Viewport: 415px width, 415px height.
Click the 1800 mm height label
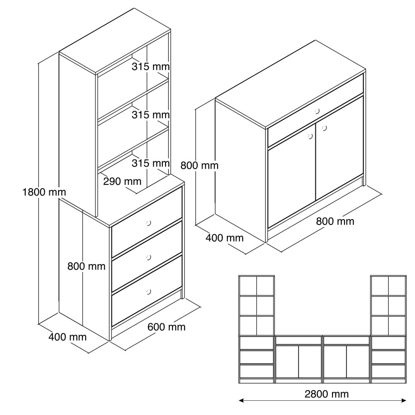pyautogui.click(x=44, y=192)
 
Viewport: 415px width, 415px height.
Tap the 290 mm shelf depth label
pyautogui.click(x=122, y=181)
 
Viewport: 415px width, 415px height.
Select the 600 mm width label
pyautogui.click(x=166, y=327)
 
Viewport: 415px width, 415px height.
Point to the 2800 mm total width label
pyautogui.click(x=326, y=394)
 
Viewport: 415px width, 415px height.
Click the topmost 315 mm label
pyautogui.click(x=151, y=66)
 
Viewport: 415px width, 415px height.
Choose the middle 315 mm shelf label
pyautogui.click(x=151, y=115)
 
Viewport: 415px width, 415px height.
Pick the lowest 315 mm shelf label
pyautogui.click(x=151, y=163)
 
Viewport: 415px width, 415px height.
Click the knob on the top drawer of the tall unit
pyautogui.click(x=148, y=223)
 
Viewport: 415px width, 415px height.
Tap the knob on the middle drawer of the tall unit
pyautogui.click(x=148, y=257)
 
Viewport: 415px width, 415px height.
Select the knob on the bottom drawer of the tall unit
pyautogui.click(x=148, y=292)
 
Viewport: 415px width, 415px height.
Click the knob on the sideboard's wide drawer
pyautogui.click(x=317, y=111)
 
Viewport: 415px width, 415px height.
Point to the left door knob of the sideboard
pyautogui.click(x=310, y=136)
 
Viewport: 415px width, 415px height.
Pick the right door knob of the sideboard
pyautogui.click(x=324, y=128)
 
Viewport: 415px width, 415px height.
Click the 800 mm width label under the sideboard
pyautogui.click(x=335, y=221)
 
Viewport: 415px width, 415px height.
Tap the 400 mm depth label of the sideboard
pyautogui.click(x=225, y=238)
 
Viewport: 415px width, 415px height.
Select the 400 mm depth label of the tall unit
pyautogui.click(x=67, y=337)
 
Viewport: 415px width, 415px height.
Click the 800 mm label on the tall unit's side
pyautogui.click(x=86, y=266)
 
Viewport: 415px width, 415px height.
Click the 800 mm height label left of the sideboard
pyautogui.click(x=200, y=166)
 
